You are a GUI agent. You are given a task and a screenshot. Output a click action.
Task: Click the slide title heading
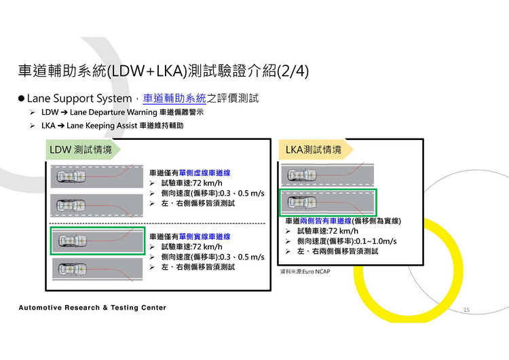point(164,71)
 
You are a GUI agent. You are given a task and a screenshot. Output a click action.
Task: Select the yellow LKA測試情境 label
point(314,149)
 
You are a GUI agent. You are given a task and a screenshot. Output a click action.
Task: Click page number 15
point(466,310)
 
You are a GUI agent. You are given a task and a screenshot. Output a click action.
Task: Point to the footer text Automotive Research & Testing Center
point(92,308)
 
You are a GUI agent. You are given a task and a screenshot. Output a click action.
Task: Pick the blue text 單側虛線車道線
point(204,173)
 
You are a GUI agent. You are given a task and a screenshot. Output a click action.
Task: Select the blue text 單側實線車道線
point(204,236)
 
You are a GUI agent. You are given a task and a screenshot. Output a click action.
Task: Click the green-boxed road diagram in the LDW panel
point(98,240)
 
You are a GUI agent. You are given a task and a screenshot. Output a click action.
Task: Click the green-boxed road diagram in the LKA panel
point(328,202)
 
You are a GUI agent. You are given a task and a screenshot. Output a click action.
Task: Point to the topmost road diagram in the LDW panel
point(98,177)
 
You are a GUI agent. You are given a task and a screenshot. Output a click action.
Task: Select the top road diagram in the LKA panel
point(328,174)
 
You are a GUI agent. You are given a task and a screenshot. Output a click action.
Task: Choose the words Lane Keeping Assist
point(102,126)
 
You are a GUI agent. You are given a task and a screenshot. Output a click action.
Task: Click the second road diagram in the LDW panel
point(98,205)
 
